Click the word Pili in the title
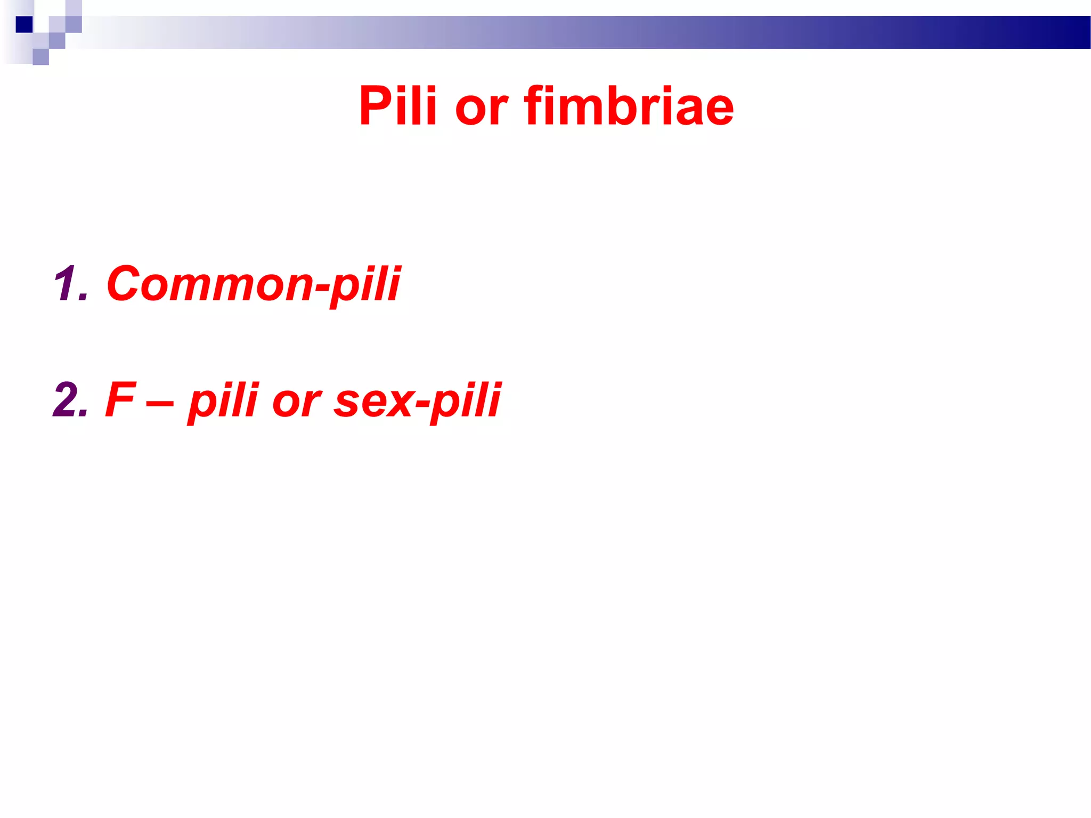click(397, 107)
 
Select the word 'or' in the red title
click(481, 109)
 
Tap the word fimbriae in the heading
click(629, 107)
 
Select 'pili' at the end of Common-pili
click(365, 285)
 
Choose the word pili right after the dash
click(224, 402)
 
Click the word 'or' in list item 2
click(296, 403)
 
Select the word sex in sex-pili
click(373, 403)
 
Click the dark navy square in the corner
click(24, 24)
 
